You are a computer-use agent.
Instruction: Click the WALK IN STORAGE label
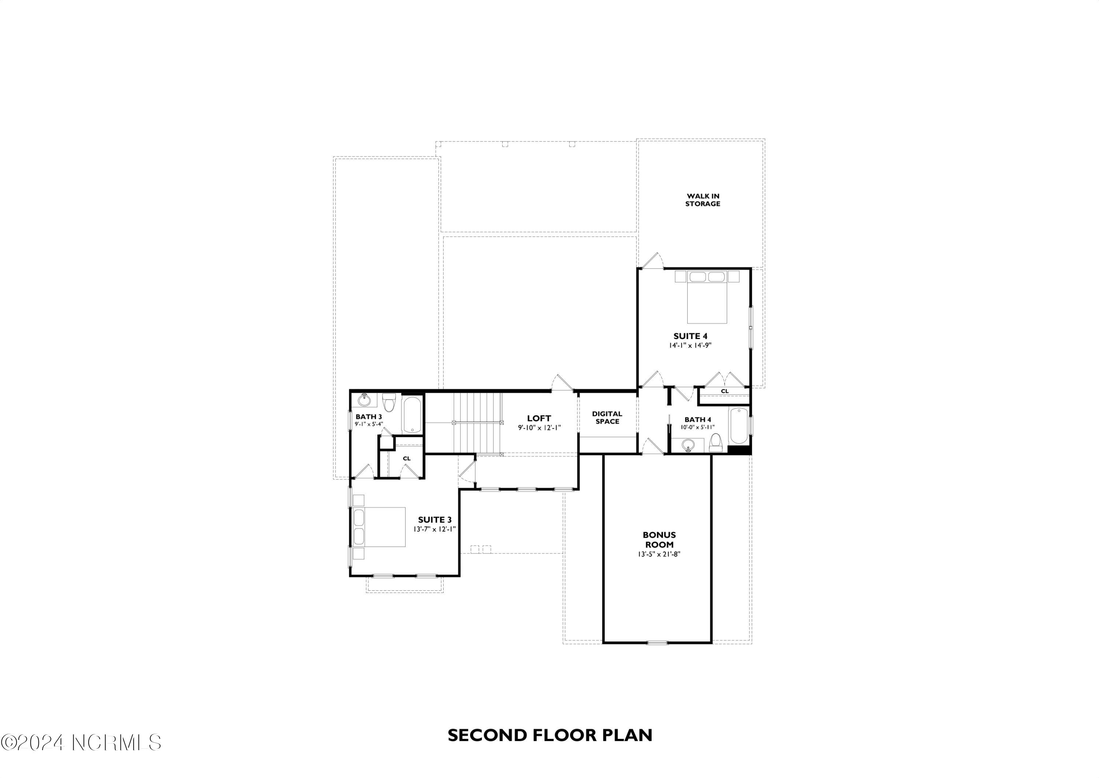pos(703,200)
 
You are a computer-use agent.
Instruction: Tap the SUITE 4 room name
pos(690,336)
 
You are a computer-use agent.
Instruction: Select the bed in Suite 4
pos(707,297)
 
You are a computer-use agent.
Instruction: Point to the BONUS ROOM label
pos(659,539)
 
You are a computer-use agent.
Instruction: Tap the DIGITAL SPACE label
pos(607,417)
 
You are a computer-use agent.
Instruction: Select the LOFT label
pos(539,418)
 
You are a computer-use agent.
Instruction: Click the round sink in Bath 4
pos(688,445)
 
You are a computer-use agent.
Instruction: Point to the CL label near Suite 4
pos(725,391)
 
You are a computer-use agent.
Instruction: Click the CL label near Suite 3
pos(407,458)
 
